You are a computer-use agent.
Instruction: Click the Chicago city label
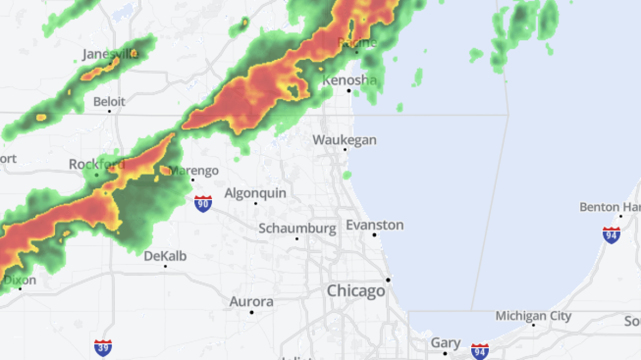(x=356, y=291)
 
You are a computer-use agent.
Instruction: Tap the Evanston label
(x=374, y=225)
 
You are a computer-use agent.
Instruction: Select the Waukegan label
(x=345, y=140)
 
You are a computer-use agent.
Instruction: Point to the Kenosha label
(x=350, y=80)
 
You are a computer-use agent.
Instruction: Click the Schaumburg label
(x=298, y=229)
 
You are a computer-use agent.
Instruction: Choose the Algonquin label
(x=255, y=193)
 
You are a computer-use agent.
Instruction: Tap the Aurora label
(x=252, y=302)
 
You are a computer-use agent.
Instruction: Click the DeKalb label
(x=166, y=256)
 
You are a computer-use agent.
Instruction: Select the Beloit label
(x=110, y=101)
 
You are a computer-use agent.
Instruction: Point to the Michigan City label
(x=534, y=316)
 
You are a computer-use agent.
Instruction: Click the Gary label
(x=445, y=342)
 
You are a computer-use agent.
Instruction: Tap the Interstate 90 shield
(x=203, y=204)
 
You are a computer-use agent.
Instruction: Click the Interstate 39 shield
(x=103, y=348)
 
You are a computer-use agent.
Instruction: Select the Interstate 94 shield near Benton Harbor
(x=612, y=235)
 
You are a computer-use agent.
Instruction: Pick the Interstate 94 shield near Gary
(x=480, y=351)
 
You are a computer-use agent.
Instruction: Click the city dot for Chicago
(x=388, y=280)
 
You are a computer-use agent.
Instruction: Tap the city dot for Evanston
(x=374, y=235)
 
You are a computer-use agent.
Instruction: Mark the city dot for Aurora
(x=252, y=312)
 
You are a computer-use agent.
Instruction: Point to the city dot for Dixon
(x=20, y=289)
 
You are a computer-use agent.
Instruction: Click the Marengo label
(x=194, y=171)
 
